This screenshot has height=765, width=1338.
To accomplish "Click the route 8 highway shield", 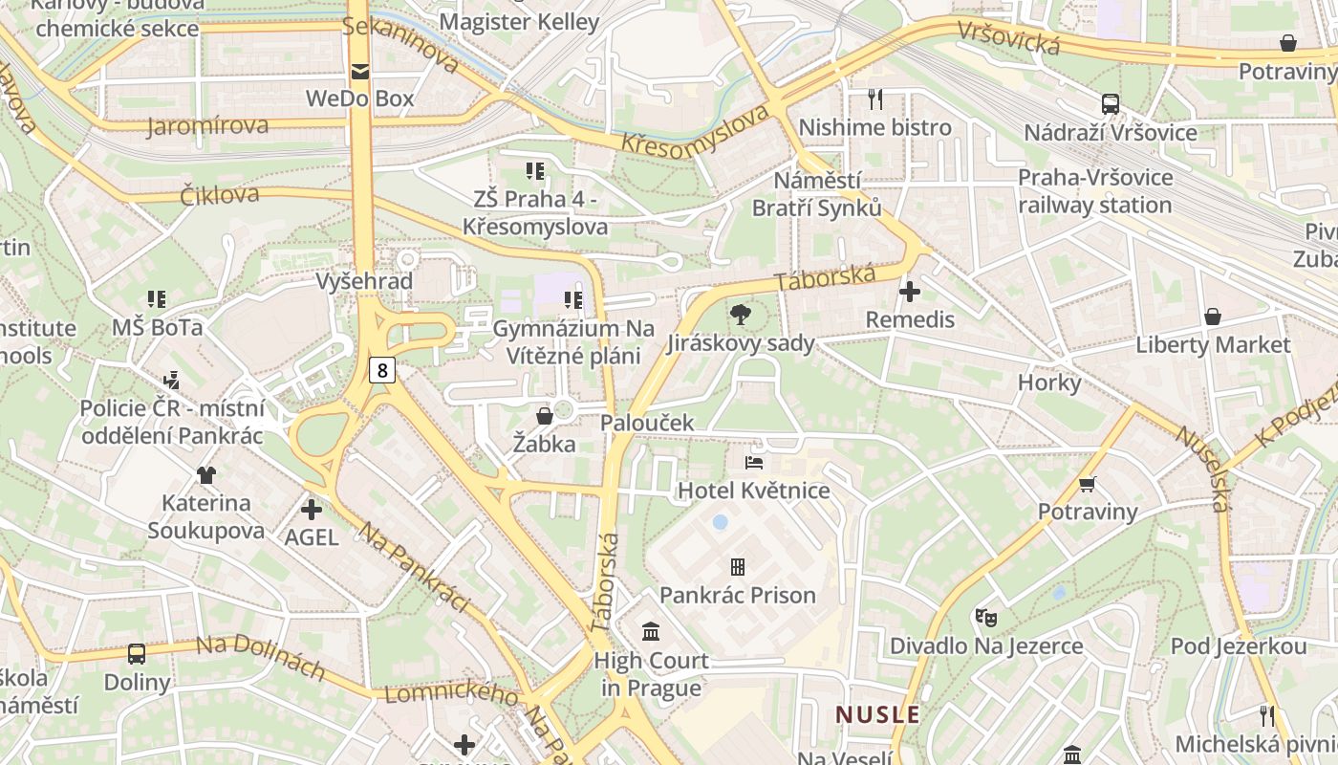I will [x=382, y=370].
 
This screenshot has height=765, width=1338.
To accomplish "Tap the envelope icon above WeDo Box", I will [x=360, y=72].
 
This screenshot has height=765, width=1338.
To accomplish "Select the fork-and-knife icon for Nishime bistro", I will [x=874, y=98].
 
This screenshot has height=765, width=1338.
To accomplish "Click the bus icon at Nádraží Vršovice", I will [x=1110, y=104].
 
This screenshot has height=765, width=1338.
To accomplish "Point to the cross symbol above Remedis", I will [x=910, y=291].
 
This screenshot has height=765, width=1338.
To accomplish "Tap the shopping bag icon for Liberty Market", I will [x=1212, y=317].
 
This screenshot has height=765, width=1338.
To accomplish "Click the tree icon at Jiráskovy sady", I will [x=741, y=315].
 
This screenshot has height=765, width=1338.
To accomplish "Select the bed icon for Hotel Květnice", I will [x=754, y=463].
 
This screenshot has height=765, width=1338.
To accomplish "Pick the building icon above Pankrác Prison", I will [x=737, y=567].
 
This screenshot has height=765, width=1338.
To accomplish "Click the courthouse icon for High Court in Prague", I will [x=652, y=631].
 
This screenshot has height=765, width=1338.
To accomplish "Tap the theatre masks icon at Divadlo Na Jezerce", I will [x=985, y=617].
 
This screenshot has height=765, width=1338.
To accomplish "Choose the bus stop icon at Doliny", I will [x=137, y=654].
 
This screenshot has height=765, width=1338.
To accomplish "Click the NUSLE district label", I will [x=877, y=714].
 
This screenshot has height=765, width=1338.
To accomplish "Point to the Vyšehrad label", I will [x=364, y=281].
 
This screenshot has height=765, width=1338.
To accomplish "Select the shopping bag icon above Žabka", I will [x=544, y=416].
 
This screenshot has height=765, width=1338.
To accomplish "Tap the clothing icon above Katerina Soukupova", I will [x=205, y=474].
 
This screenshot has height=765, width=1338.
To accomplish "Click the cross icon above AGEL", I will [x=312, y=510].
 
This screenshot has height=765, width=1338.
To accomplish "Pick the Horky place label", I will [x=1048, y=383].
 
